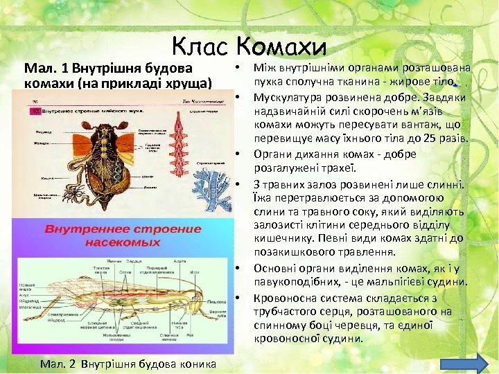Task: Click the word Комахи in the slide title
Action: point(280,46)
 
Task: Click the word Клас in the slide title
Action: point(201,46)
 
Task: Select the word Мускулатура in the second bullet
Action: point(287,98)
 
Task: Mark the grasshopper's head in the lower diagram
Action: point(203,298)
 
